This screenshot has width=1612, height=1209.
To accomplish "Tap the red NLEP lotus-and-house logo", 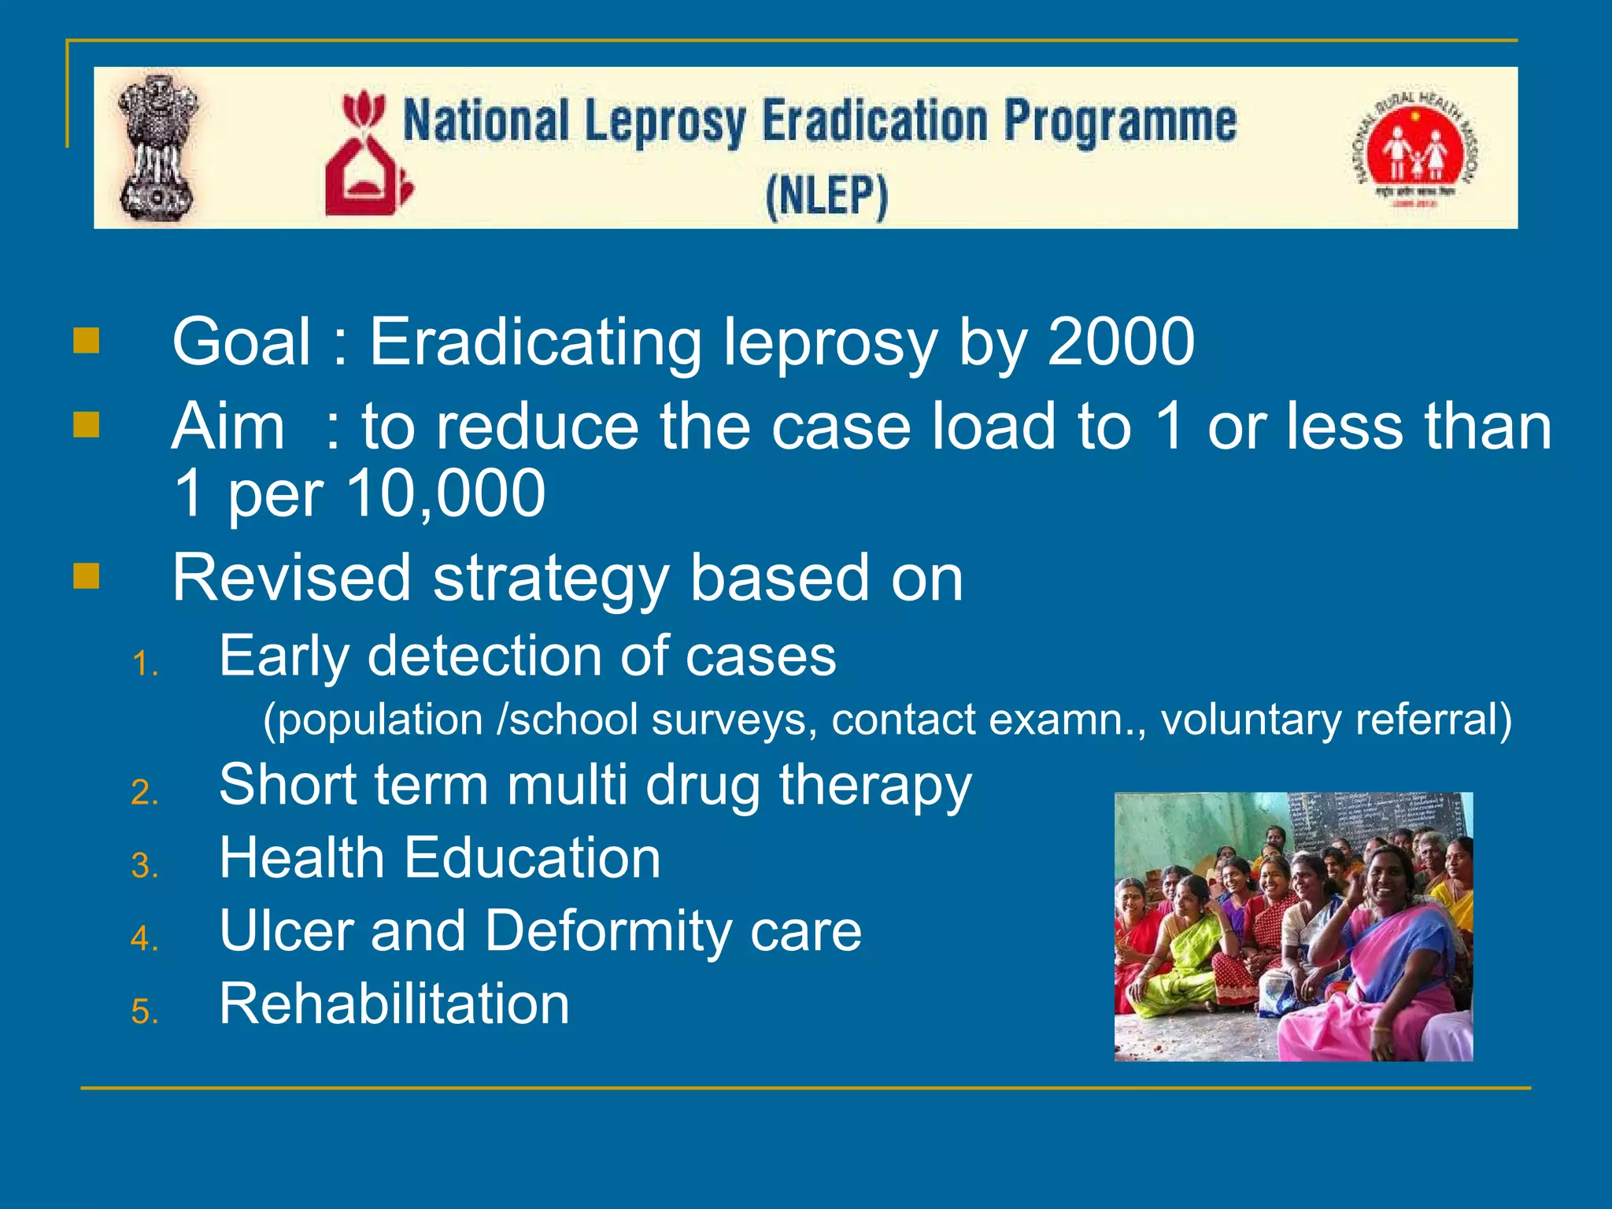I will click(x=367, y=154).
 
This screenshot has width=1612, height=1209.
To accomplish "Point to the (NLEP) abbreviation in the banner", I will click(x=826, y=196).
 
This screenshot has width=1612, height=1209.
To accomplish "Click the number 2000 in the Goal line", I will click(x=1121, y=342).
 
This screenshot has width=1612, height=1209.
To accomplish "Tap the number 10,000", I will click(x=446, y=494).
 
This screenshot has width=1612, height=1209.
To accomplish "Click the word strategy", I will click(x=550, y=579).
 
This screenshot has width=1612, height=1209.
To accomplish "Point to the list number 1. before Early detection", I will click(x=146, y=664).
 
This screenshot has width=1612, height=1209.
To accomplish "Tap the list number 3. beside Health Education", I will click(x=146, y=865).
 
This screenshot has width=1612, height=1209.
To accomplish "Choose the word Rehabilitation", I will click(x=394, y=1004).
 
